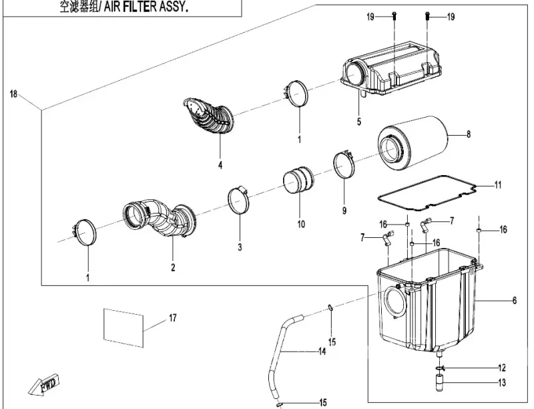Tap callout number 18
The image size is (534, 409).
[x=13, y=94]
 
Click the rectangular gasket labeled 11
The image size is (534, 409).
[x=427, y=190]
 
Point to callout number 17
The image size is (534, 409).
[x=172, y=317]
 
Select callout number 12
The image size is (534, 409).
[x=501, y=368]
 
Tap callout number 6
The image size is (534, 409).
[x=515, y=301]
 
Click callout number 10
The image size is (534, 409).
[x=301, y=224]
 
